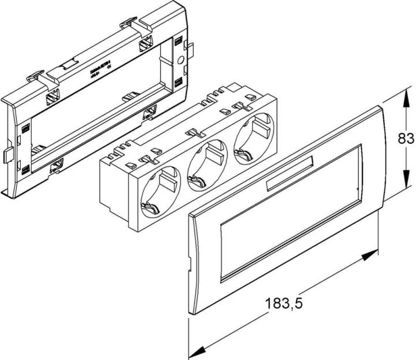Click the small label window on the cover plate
tap(288, 175)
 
